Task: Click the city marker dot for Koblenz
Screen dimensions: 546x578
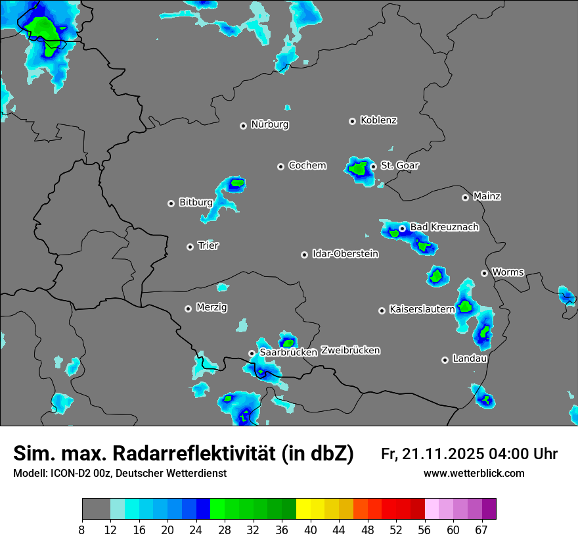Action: coord(352,121)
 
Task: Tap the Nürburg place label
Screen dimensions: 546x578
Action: coord(269,124)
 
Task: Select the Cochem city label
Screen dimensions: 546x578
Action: coord(307,165)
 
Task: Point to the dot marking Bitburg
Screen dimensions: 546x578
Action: coord(171,203)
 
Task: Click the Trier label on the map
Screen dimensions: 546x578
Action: coord(208,245)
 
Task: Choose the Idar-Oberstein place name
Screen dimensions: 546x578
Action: coord(345,254)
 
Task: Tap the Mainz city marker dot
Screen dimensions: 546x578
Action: coord(465,197)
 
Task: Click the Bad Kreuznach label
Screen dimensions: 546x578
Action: coord(444,227)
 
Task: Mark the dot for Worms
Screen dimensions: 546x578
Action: coord(484,273)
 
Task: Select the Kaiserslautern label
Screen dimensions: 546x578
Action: coord(422,309)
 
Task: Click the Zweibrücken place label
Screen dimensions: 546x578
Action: coord(350,351)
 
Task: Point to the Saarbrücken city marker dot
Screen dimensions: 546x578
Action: coord(252,353)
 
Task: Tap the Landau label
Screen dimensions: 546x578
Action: coord(470,359)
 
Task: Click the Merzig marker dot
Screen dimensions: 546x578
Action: coord(188,309)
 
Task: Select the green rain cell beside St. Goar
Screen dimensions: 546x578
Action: coord(359,168)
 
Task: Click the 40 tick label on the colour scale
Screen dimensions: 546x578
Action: coord(311,530)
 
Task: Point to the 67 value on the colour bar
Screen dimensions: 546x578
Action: coord(481,530)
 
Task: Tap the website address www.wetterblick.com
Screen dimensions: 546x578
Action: coord(474,473)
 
